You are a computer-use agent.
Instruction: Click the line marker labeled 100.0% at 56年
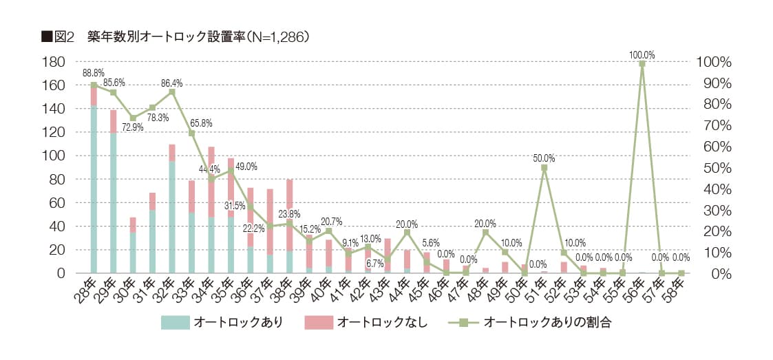(x=642, y=64)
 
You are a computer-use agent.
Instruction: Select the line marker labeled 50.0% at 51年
(x=544, y=167)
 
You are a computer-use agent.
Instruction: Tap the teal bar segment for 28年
(x=94, y=189)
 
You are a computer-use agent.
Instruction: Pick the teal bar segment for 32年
(x=172, y=217)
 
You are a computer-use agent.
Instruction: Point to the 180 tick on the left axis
(x=54, y=62)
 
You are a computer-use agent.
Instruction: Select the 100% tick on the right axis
(x=714, y=62)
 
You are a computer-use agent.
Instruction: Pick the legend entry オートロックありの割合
(x=547, y=322)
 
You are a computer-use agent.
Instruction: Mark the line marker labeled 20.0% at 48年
(x=485, y=232)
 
